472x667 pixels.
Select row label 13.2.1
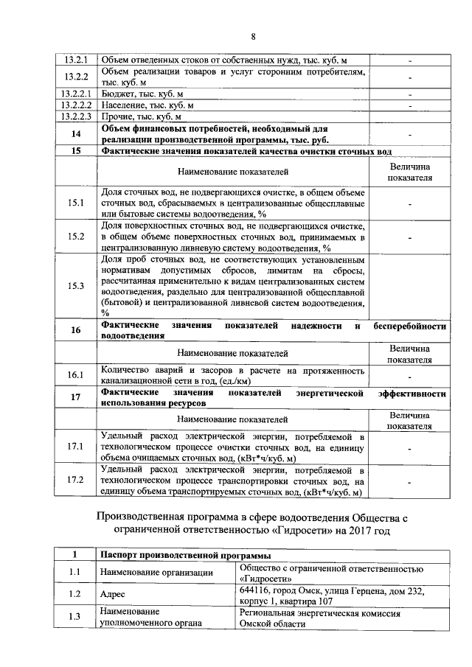(x=76, y=59)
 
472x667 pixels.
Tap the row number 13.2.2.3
(x=76, y=116)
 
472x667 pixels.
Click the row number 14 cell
(x=76, y=134)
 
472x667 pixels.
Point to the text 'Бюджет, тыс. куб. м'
(x=142, y=94)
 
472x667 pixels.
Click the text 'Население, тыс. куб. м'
(x=147, y=105)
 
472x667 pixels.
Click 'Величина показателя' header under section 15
(x=410, y=172)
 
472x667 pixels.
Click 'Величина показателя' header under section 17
(x=410, y=420)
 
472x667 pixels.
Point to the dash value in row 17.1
(x=410, y=447)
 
